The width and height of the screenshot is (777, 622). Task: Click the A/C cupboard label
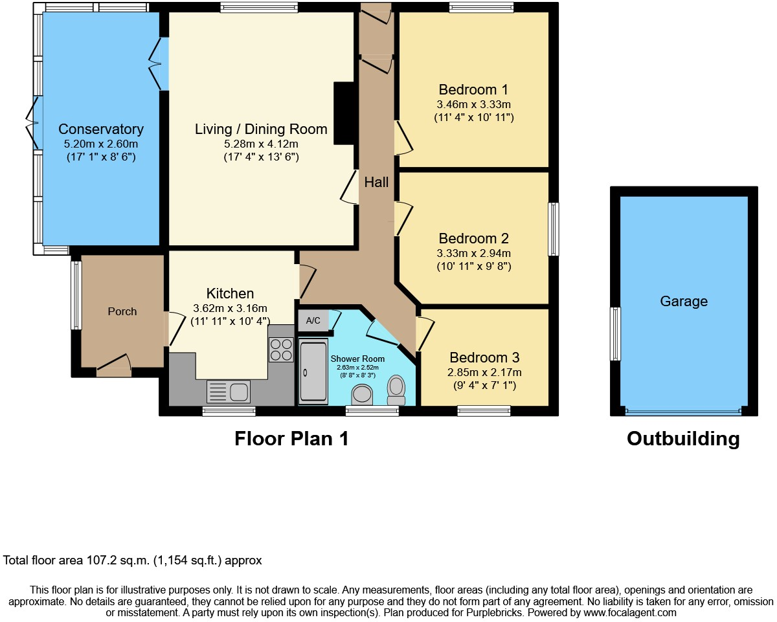(x=313, y=321)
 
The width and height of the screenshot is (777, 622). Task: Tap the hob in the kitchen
(x=281, y=350)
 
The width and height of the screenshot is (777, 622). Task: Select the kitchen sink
(x=229, y=392)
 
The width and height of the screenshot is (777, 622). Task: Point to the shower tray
(x=313, y=373)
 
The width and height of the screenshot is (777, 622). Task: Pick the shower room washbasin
(x=361, y=395)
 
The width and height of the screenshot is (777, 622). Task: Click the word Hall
(x=376, y=183)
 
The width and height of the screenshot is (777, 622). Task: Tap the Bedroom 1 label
(x=473, y=89)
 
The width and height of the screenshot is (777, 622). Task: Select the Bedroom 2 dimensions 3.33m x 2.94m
(x=474, y=253)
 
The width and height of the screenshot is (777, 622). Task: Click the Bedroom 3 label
(x=484, y=357)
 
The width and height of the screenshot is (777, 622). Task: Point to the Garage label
(x=684, y=301)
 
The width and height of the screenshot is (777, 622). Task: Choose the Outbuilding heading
(x=683, y=439)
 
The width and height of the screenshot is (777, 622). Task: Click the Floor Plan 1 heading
(x=291, y=439)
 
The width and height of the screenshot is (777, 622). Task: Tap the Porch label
(x=122, y=311)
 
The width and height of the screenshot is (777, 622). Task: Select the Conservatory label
(x=101, y=129)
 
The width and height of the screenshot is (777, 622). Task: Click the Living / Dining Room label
(x=261, y=129)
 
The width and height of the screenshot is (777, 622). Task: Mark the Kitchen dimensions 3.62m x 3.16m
(x=230, y=307)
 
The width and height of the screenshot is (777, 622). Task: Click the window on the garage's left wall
(x=616, y=334)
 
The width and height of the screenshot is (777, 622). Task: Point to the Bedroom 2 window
(x=554, y=229)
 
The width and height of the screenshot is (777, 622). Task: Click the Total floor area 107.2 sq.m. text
(x=133, y=561)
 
